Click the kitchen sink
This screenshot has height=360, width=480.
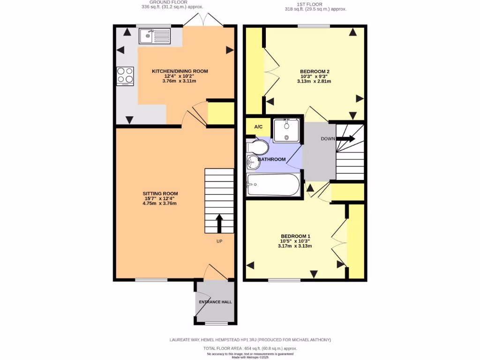(x=155, y=36)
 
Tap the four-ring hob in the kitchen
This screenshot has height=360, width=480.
(x=125, y=76)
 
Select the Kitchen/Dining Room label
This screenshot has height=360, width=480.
(x=180, y=71)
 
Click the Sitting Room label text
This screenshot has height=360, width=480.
(x=160, y=193)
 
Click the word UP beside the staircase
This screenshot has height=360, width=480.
(x=219, y=241)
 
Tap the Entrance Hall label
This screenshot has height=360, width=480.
(x=215, y=302)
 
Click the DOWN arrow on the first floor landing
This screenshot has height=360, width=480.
(x=346, y=139)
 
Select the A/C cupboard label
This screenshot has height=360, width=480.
(x=258, y=127)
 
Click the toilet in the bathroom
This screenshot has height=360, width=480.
(x=258, y=148)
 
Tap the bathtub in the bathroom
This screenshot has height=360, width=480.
(x=273, y=185)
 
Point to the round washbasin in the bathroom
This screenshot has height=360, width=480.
(x=252, y=162)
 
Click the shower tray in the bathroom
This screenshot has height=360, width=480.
(x=286, y=130)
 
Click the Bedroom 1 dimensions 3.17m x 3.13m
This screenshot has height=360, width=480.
(x=295, y=246)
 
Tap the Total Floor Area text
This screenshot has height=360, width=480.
(x=250, y=348)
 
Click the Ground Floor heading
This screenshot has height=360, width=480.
(x=159, y=2)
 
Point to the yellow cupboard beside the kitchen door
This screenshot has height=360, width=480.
(x=221, y=113)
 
